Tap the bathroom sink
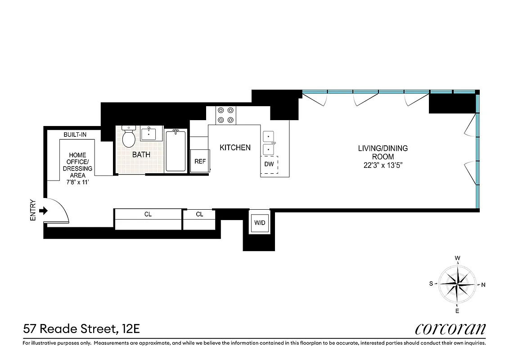point(149,134)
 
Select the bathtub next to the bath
point(176,150)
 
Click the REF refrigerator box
point(199,161)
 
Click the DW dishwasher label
point(269,164)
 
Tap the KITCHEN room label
point(235,148)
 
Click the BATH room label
point(141,154)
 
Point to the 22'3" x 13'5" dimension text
point(383,165)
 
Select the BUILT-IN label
point(75,135)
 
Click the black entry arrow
point(44,210)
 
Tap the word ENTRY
point(32,210)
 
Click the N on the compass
point(483,284)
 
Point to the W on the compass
point(457,258)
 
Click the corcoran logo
point(450,328)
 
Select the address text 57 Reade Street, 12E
point(81,329)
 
